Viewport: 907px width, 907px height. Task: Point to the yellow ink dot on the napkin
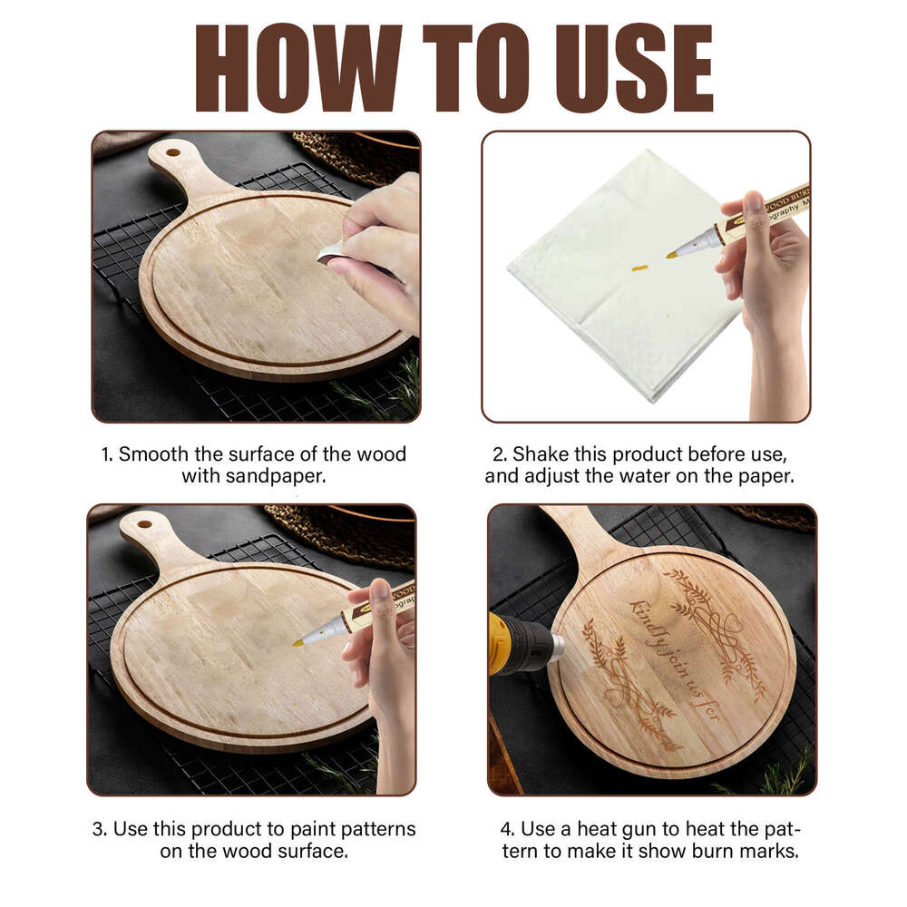point(639,268)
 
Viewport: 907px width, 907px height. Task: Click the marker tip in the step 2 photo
point(672,255)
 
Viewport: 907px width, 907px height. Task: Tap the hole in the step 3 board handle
point(143,523)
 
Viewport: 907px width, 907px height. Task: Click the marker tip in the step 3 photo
point(297,642)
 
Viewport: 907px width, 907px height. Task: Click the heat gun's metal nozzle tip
point(556,645)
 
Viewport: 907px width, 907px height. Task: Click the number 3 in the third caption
point(97,829)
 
